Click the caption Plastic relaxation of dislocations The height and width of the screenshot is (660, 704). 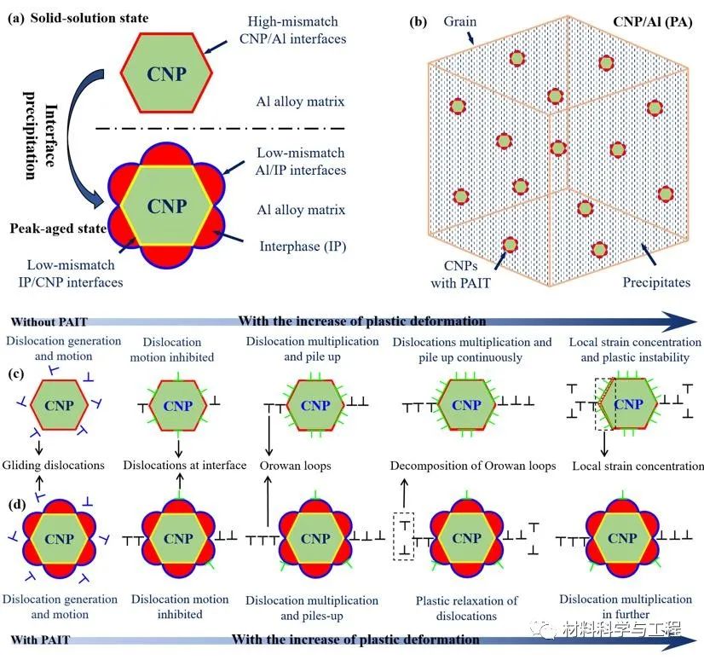[x=466, y=608]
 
